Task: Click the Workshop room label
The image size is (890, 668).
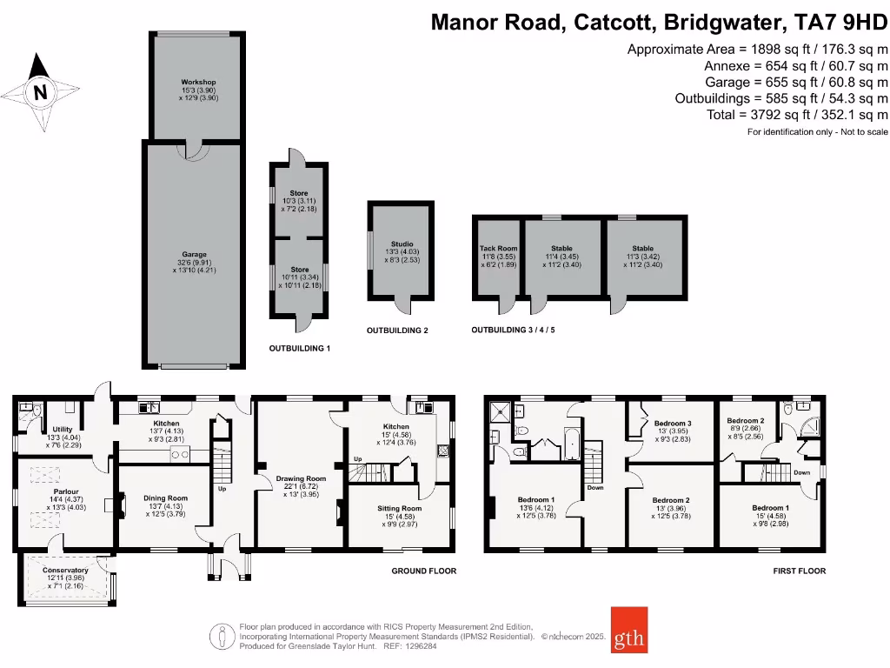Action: pyautogui.click(x=197, y=82)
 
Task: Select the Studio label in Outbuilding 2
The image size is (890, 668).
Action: pyautogui.click(x=402, y=244)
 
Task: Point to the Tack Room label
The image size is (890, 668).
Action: pyautogui.click(x=498, y=249)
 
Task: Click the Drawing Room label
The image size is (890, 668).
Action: pyautogui.click(x=301, y=478)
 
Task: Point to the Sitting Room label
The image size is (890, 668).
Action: pyautogui.click(x=399, y=508)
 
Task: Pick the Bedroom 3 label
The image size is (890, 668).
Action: pyautogui.click(x=672, y=423)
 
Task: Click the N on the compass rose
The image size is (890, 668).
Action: pyautogui.click(x=38, y=91)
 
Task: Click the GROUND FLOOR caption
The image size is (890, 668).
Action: pyautogui.click(x=423, y=571)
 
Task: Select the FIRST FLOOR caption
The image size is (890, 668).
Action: pyautogui.click(x=799, y=571)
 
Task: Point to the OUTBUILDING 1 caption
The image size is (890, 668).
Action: pyautogui.click(x=300, y=348)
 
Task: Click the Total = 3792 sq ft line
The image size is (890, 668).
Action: pyautogui.click(x=798, y=115)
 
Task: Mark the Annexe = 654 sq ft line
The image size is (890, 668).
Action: pyautogui.click(x=795, y=65)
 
